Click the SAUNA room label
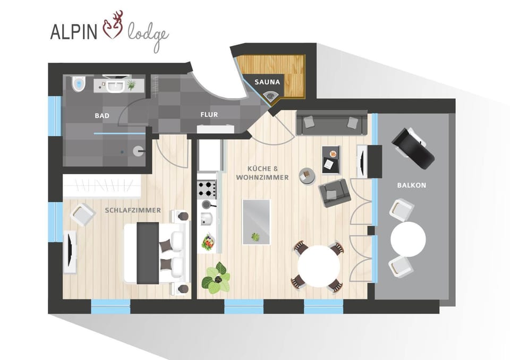[x=267, y=82]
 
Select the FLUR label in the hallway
[x=209, y=114]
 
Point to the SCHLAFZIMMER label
[x=133, y=210]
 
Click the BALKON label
[x=411, y=185]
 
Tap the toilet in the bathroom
[x=79, y=84]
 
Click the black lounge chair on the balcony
[x=413, y=148]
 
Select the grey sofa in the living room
[x=331, y=123]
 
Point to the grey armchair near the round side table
[x=334, y=192]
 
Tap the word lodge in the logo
[x=148, y=36]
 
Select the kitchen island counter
[x=256, y=221]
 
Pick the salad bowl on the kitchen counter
[x=207, y=243]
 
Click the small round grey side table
[x=307, y=175]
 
